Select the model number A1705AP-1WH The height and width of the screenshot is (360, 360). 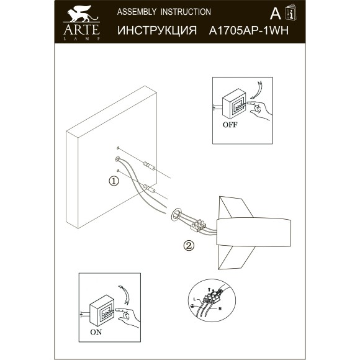tap(248, 30)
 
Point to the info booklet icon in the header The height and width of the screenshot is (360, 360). tap(289, 13)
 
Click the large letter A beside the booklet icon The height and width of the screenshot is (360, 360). tap(274, 14)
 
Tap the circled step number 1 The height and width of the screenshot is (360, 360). tap(113, 181)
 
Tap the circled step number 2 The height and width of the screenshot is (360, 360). tap(189, 245)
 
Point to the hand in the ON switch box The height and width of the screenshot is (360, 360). tap(130, 317)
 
